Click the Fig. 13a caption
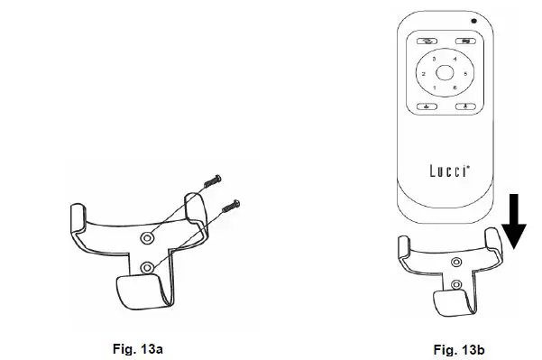[138, 349]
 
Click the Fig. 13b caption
[459, 350]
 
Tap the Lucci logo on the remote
[450, 171]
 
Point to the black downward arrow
[514, 221]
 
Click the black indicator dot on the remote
[473, 21]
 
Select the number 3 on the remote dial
[434, 60]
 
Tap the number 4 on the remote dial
[455, 60]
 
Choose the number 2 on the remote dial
[424, 74]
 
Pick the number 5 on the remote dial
[465, 74]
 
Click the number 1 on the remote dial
[435, 88]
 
